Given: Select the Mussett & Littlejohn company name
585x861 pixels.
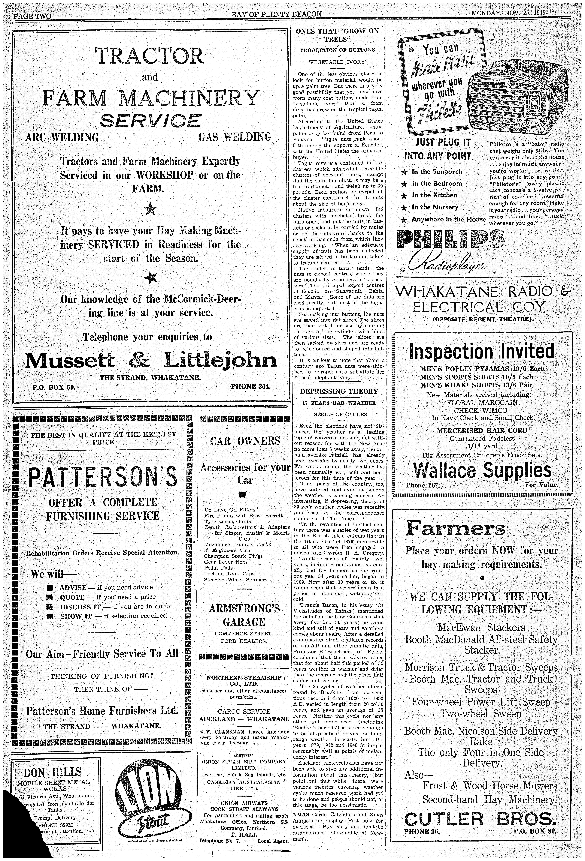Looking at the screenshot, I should [150, 360].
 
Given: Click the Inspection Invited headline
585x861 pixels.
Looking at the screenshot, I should [482, 351].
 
